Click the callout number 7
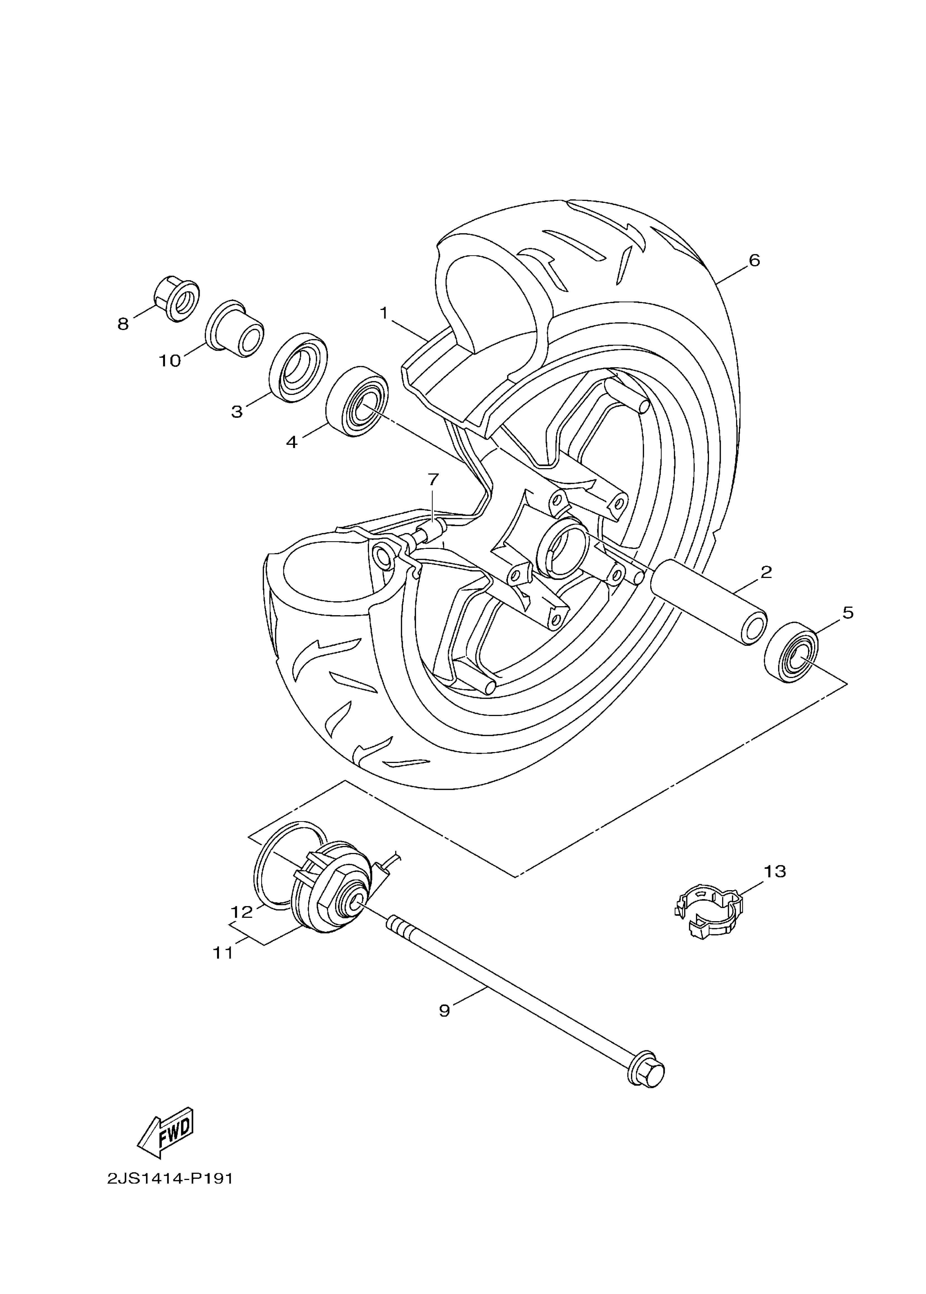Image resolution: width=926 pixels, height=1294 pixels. click(433, 480)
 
